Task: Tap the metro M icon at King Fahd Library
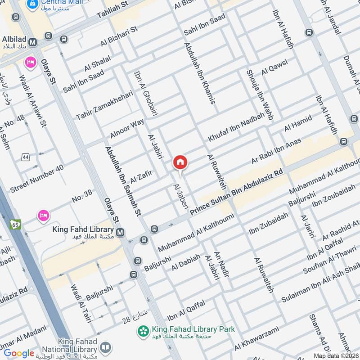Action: point(120,232)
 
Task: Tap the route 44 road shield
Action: point(25,157)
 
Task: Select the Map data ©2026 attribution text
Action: point(335,355)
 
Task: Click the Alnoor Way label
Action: point(127,129)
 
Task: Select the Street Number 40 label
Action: point(37,179)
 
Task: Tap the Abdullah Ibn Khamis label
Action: point(199,72)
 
